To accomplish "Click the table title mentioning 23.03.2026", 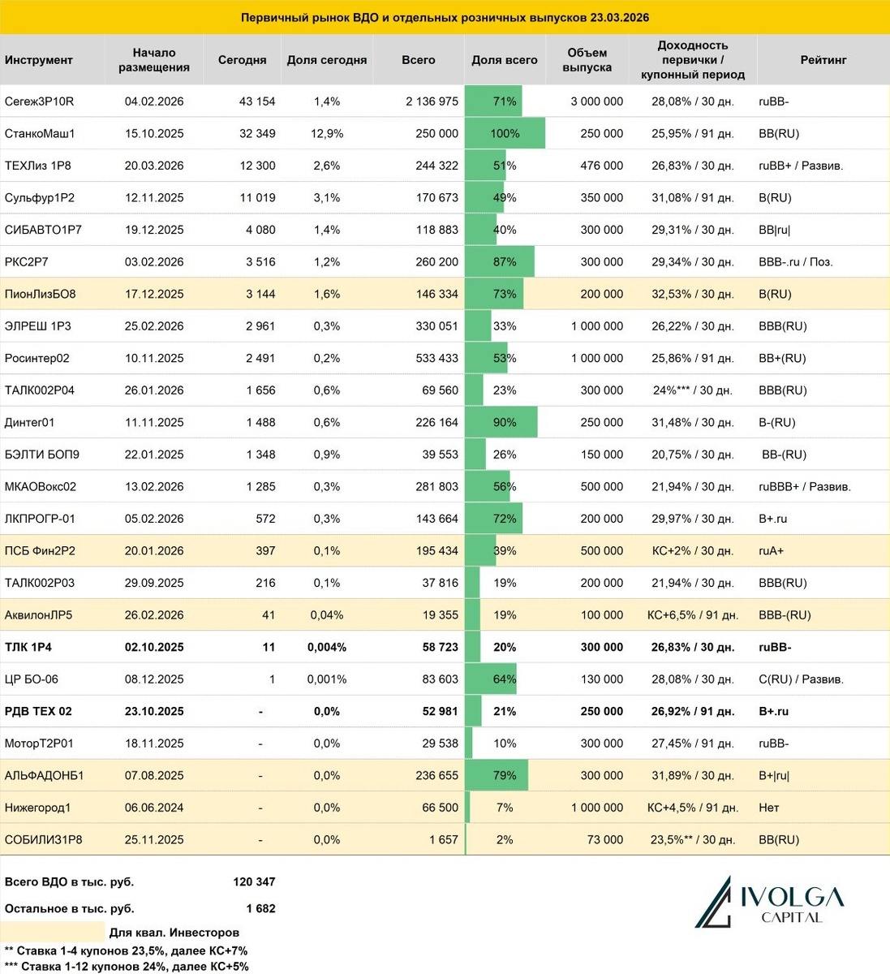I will pyautogui.click(x=445, y=17).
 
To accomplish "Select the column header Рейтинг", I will pyautogui.click(x=823, y=60).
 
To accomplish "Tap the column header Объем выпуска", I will pyautogui.click(x=587, y=60).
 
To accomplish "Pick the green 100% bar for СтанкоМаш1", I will pyautogui.click(x=505, y=133).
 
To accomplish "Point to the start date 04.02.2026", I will pyautogui.click(x=154, y=101).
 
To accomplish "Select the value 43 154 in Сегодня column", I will pyautogui.click(x=257, y=101).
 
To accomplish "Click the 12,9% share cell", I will pyautogui.click(x=327, y=133).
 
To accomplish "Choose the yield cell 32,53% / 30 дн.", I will pyautogui.click(x=692, y=294).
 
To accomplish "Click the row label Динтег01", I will pyautogui.click(x=30, y=422).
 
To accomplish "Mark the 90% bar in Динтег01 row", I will pyautogui.click(x=501, y=422).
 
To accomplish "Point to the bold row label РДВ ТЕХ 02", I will pyautogui.click(x=38, y=711).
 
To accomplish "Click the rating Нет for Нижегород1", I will pyautogui.click(x=768, y=808).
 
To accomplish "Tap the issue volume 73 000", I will pyautogui.click(x=605, y=839).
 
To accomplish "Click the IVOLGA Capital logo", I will pyautogui.click(x=769, y=902).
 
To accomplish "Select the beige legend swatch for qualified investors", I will pyautogui.click(x=53, y=932).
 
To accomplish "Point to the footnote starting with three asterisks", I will pyautogui.click(x=127, y=966).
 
